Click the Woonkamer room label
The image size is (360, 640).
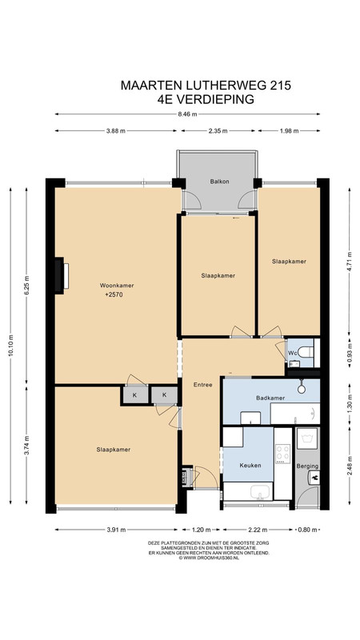117,286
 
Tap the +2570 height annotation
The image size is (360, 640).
114,294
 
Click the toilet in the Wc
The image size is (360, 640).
306,351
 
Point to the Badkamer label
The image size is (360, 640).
270,398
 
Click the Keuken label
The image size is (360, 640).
250,465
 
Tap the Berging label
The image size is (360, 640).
307,466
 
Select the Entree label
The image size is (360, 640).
203,385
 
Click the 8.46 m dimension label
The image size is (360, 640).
188,114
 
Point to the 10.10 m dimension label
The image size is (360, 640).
10,346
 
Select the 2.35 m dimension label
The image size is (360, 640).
218,131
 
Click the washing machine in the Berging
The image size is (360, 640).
307,438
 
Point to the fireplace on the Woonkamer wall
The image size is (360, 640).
61,275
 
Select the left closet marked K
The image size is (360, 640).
134,395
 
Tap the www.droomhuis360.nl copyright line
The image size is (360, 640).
209,558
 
